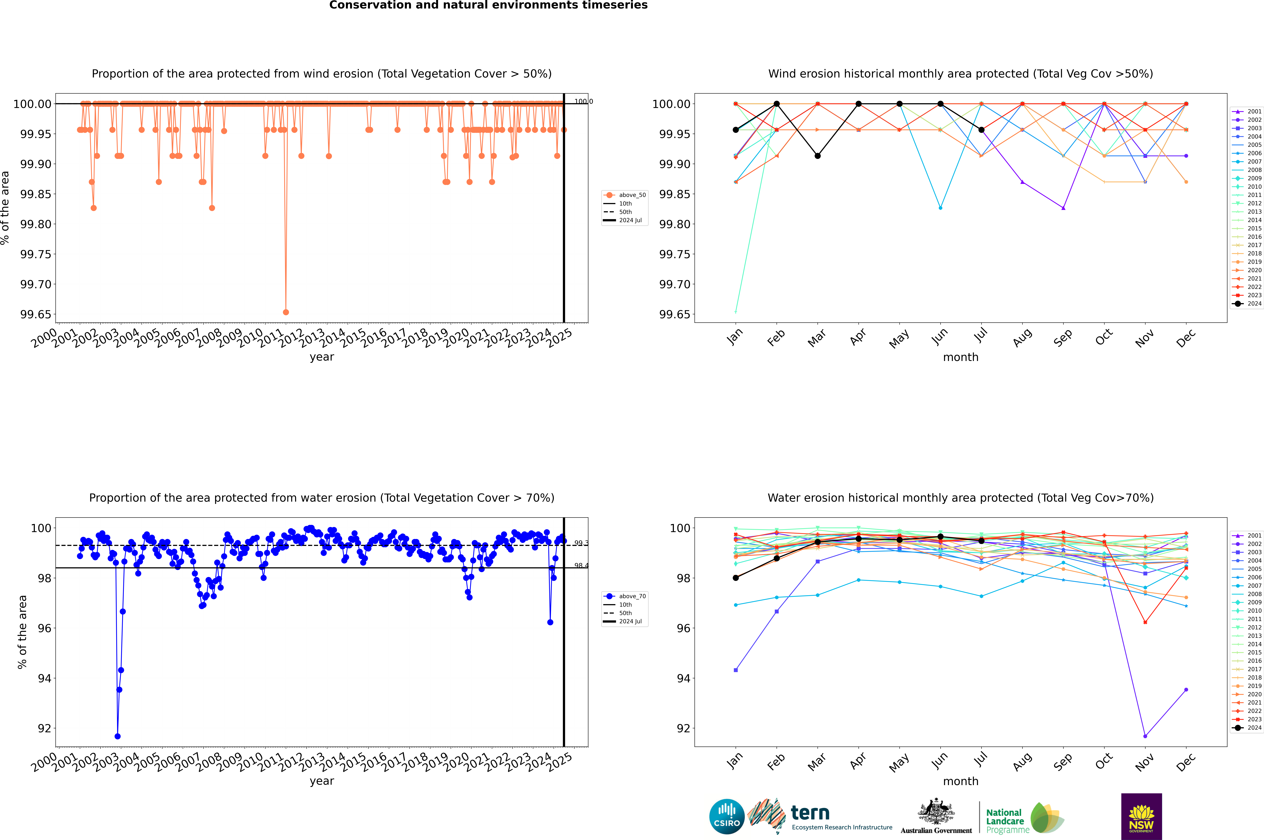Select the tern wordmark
[x=810, y=813]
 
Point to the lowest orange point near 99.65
[x=286, y=312]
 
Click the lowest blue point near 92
[x=117, y=736]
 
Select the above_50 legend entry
[x=625, y=195]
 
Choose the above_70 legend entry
[x=625, y=596]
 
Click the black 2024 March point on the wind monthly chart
[x=817, y=156]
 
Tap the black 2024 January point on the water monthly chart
[x=736, y=578]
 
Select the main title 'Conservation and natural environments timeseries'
[x=488, y=5]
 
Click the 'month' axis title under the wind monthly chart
[x=960, y=357]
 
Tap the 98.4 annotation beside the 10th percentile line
[x=581, y=566]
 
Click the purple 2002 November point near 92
[x=1145, y=736]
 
